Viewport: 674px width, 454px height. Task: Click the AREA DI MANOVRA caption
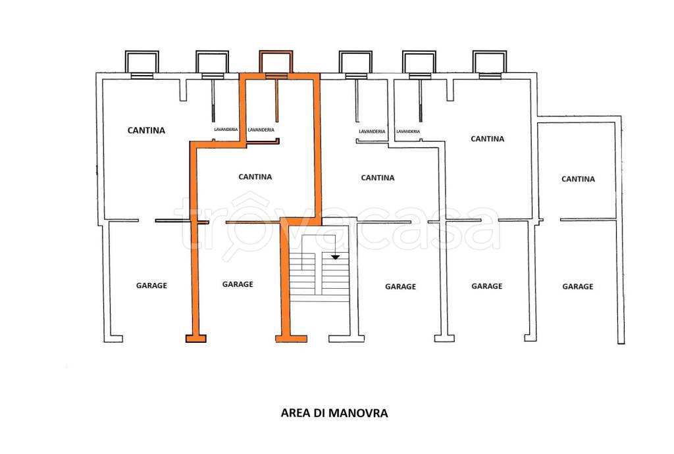(x=334, y=414)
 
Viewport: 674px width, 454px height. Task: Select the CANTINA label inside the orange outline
(x=255, y=177)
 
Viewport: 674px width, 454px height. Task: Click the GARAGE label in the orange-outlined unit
(x=238, y=284)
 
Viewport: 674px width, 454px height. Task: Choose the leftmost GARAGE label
(x=151, y=286)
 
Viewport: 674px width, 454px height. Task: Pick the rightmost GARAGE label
(x=577, y=286)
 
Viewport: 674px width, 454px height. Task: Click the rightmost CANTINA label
(x=578, y=179)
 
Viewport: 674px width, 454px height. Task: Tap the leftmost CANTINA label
(x=146, y=130)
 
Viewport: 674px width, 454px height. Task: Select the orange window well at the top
(x=275, y=63)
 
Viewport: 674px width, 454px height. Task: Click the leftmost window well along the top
(x=142, y=63)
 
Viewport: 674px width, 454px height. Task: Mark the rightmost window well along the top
(x=488, y=63)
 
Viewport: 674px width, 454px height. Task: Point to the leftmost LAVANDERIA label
(x=226, y=130)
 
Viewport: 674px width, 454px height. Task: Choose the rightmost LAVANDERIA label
(x=408, y=132)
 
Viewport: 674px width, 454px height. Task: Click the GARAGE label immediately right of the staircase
(x=400, y=286)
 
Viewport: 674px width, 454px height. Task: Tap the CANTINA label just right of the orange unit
(x=378, y=178)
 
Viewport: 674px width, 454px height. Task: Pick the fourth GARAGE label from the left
(x=487, y=286)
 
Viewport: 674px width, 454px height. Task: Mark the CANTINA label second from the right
(x=488, y=139)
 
